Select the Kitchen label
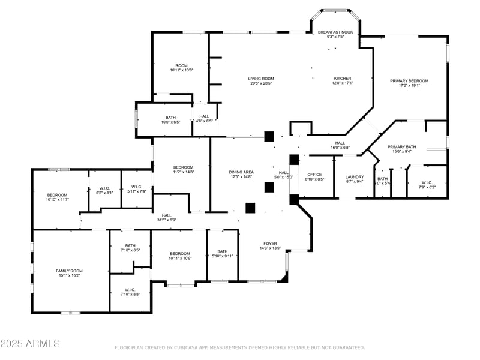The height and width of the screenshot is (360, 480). tap(343, 79)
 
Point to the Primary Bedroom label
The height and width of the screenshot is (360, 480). tap(409, 81)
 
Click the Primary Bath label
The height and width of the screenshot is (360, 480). tap(401, 147)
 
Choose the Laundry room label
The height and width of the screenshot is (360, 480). tap(355, 177)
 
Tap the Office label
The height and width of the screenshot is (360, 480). tap(315, 175)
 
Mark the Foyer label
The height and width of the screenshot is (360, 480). tap(270, 244)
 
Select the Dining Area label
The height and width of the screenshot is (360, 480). tap(241, 172)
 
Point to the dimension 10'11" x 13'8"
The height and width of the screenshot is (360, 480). tap(181, 70)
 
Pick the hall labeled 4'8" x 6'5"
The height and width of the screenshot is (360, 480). tap(204, 121)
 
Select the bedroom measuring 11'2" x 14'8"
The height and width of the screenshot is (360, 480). tap(183, 172)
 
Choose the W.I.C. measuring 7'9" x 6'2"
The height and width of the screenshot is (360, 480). tap(427, 187)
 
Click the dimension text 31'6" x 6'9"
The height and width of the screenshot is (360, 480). tap(166, 220)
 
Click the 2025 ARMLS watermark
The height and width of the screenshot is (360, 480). tap(30, 344)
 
